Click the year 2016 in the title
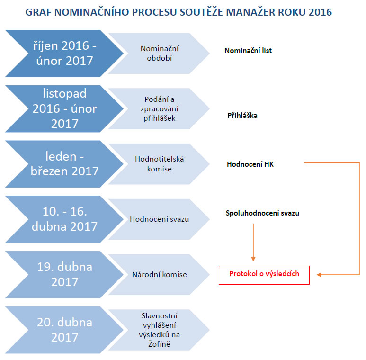point(320,12)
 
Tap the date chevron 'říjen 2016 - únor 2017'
point(64,53)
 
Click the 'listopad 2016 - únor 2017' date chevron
point(64,108)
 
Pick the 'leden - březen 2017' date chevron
point(64,164)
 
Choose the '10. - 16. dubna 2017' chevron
point(64,219)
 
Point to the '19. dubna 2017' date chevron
point(64,275)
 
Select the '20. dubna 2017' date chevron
point(64,330)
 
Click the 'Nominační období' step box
point(159,53)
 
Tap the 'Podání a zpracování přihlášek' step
point(159,108)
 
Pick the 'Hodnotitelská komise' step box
point(159,164)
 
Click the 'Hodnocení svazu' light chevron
point(159,219)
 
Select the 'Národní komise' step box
point(159,275)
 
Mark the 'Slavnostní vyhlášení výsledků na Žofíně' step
point(159,330)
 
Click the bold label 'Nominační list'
point(248,50)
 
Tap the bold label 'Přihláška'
point(242,115)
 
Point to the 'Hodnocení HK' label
point(250,164)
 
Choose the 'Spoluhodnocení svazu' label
point(262,213)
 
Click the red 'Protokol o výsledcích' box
point(264,275)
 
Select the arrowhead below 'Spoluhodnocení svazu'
point(253,259)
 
